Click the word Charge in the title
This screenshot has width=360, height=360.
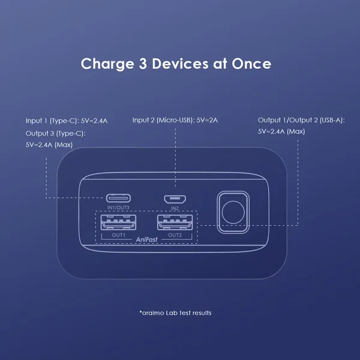click(x=107, y=64)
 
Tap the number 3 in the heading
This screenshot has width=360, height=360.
click(x=143, y=64)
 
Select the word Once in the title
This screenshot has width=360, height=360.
click(x=251, y=64)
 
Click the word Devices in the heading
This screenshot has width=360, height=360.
click(x=180, y=64)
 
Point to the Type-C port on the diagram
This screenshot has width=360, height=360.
click(x=118, y=198)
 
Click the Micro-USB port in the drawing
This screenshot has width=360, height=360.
click(x=175, y=199)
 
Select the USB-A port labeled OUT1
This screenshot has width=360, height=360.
click(x=118, y=222)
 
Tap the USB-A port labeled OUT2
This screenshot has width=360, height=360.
click(x=175, y=222)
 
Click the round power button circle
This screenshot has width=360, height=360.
click(x=233, y=212)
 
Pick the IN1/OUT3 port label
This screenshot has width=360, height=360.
click(x=118, y=208)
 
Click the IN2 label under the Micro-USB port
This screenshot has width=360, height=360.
click(x=175, y=208)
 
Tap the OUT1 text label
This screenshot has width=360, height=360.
click(x=118, y=235)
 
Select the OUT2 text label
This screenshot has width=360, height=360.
click(x=175, y=235)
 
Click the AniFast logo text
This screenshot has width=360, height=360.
click(x=147, y=239)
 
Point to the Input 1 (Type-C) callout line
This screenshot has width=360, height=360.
click(x=67, y=121)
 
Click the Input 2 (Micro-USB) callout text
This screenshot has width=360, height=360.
click(x=175, y=120)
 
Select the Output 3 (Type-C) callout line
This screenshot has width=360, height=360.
click(x=56, y=133)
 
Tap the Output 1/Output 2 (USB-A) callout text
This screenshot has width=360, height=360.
click(x=301, y=120)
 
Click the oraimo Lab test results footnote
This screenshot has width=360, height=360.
click(x=175, y=313)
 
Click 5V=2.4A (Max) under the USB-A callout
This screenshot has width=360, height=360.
click(x=281, y=131)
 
